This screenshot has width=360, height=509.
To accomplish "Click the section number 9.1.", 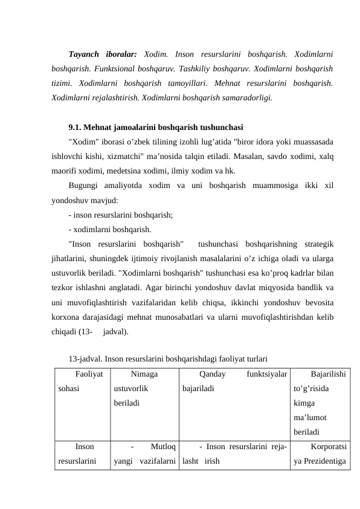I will coord(76,128).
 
